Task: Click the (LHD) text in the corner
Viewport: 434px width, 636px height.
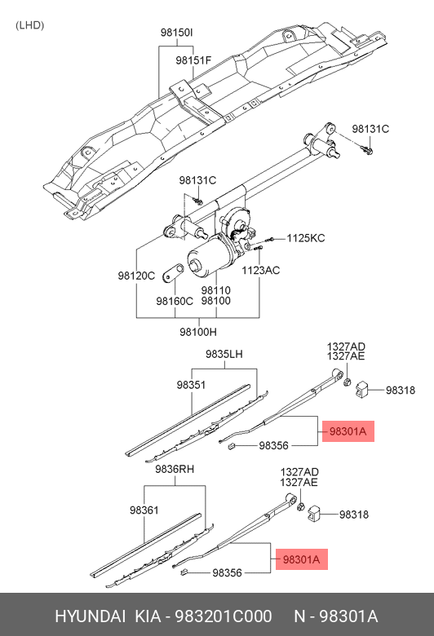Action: click(29, 24)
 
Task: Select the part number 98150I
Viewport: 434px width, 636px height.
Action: click(176, 33)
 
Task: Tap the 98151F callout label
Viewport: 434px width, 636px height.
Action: click(193, 60)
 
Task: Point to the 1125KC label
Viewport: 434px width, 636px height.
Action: click(305, 238)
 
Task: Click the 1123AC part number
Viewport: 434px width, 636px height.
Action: click(260, 270)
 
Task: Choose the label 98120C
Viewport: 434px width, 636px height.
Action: click(135, 276)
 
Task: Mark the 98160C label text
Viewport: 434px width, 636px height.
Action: click(175, 301)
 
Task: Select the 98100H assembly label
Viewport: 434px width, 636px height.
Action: click(198, 332)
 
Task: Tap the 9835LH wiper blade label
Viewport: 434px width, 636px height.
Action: click(224, 354)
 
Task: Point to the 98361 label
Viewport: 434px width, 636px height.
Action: click(144, 510)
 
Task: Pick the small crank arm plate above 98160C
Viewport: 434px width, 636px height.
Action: click(173, 272)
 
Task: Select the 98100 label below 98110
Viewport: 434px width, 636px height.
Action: click(215, 301)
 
